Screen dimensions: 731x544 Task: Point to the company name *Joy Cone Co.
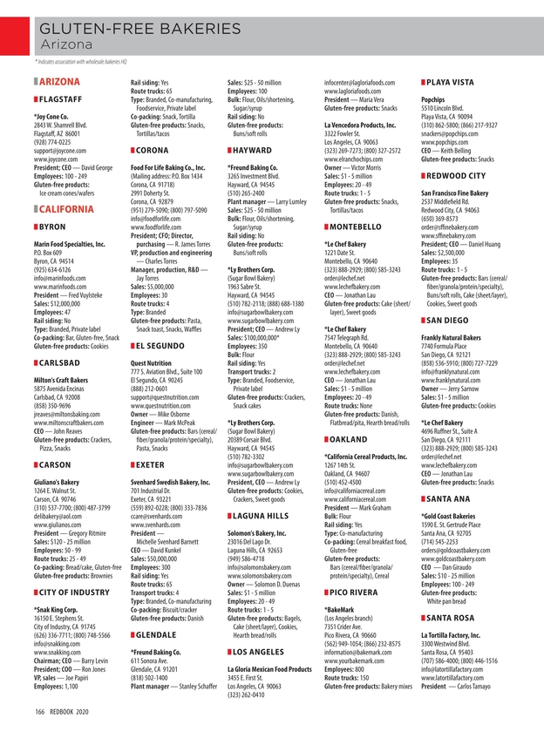click(53, 114)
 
